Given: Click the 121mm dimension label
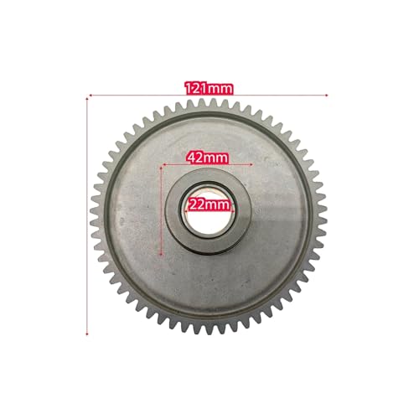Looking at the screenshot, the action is [x=209, y=89].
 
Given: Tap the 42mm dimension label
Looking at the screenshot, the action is [x=208, y=158].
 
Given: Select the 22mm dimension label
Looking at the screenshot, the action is [x=209, y=205].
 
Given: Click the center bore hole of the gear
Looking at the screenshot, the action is [x=208, y=210].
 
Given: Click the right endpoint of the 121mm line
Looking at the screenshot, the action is [x=327, y=95].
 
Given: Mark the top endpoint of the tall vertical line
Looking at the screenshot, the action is [x=87, y=98].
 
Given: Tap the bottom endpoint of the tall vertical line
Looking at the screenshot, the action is [x=87, y=334].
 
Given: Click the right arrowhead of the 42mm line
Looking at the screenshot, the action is [x=251, y=164].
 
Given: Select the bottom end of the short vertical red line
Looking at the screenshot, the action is [x=161, y=254].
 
